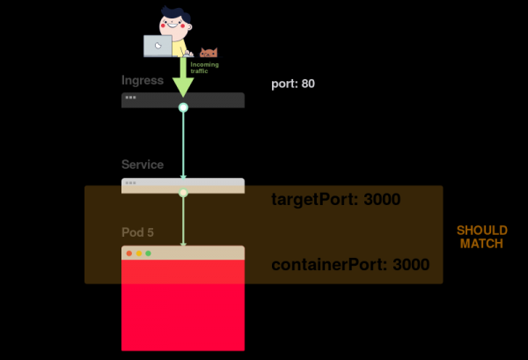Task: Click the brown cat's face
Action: [209, 53]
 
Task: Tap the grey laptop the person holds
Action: [158, 46]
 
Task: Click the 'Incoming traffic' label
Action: [204, 67]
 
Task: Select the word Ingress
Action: [143, 80]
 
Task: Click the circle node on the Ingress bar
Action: [183, 107]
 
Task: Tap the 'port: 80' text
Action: [293, 84]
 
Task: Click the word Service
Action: [143, 165]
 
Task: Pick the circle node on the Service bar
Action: [183, 192]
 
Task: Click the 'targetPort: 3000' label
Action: [335, 200]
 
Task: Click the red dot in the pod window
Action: [129, 253]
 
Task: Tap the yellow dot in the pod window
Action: [139, 253]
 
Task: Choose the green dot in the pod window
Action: [148, 253]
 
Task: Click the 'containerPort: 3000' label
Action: [349, 265]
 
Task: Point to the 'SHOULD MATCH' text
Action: [481, 237]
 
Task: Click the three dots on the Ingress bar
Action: [130, 96]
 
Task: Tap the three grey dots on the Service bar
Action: [130, 183]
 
